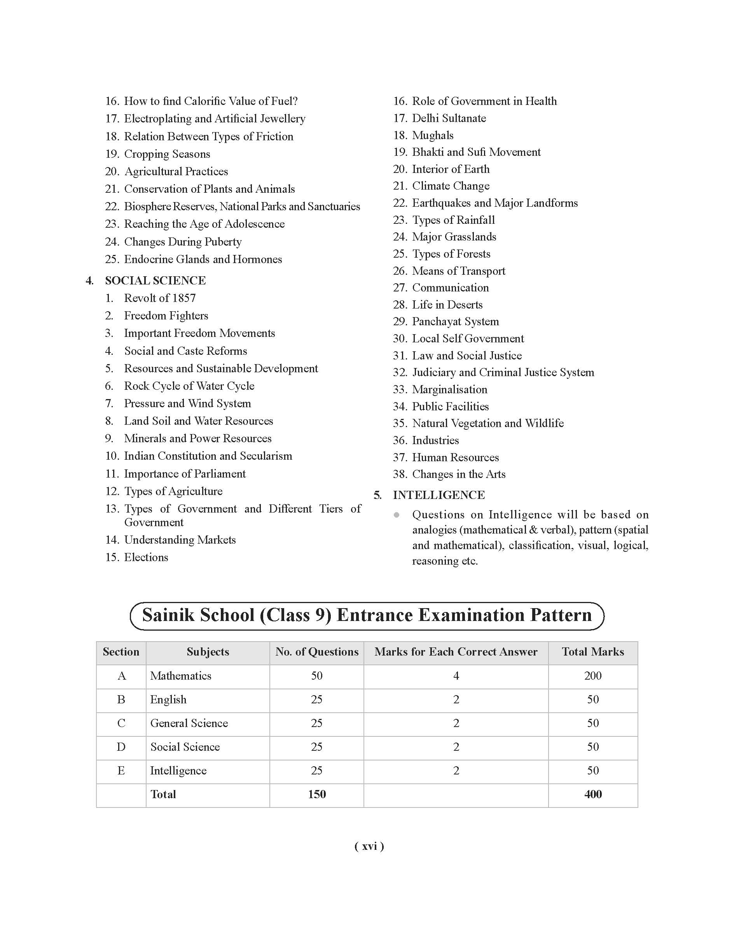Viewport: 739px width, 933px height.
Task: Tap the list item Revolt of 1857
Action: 160,298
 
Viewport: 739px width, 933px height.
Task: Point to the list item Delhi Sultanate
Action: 449,118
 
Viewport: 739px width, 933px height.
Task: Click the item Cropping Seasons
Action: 167,154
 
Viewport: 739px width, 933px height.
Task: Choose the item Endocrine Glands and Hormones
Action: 203,259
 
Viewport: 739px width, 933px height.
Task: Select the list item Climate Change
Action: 451,186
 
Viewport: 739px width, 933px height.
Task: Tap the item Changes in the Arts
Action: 458,474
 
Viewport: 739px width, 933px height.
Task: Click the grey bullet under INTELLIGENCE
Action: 397,515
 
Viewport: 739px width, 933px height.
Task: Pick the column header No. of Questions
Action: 317,652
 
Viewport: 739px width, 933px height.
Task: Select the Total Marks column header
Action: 592,652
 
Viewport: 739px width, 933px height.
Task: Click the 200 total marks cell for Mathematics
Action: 592,676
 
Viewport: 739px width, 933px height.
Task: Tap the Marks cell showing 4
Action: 456,676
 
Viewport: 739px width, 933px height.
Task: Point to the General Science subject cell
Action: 189,723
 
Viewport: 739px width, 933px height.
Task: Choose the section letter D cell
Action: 121,747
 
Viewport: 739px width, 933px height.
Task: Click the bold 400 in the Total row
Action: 592,794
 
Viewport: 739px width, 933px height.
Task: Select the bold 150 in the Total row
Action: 317,794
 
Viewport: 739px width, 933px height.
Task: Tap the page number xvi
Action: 369,846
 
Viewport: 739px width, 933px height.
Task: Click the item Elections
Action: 146,557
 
